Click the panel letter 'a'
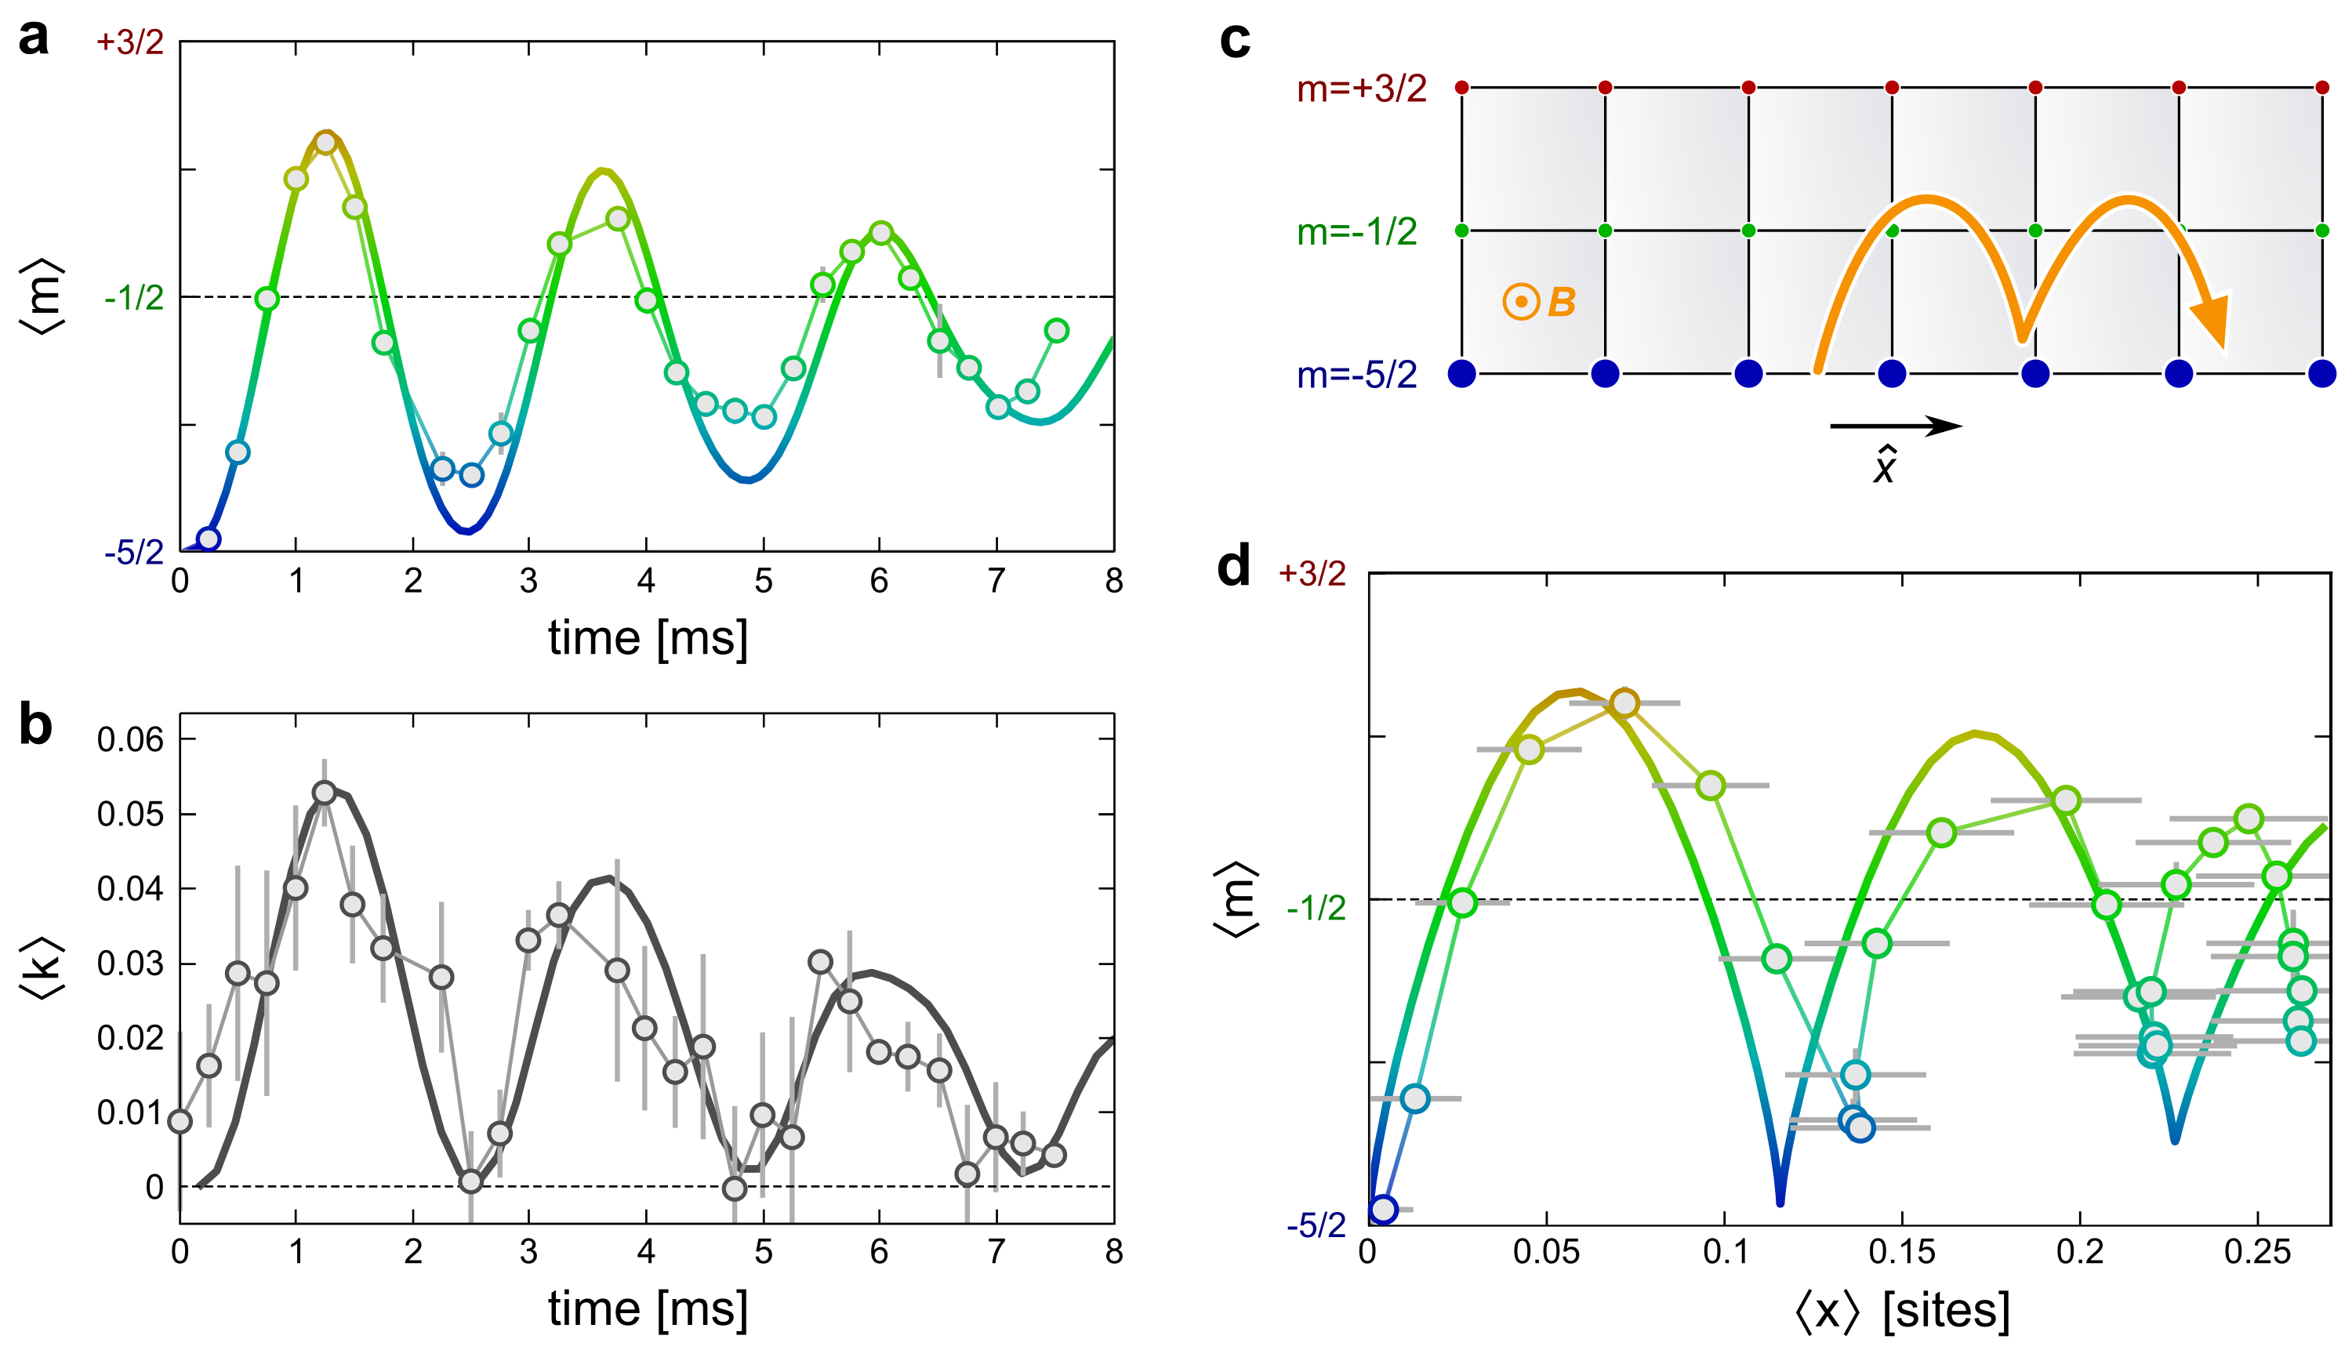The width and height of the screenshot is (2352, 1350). (34, 39)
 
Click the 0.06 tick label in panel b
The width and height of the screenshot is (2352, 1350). (130, 740)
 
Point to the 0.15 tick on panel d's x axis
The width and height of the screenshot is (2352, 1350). (1901, 1253)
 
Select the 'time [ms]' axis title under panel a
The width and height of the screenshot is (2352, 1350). (647, 638)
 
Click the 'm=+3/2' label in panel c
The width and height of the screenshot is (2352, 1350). (1361, 89)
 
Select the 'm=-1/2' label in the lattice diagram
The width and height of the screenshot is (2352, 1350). (1356, 232)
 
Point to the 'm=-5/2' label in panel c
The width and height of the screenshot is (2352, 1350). (1356, 375)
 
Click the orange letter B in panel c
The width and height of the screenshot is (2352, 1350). (1563, 303)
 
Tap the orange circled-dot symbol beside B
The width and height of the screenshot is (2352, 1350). (1521, 303)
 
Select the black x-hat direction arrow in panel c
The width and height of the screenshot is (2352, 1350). (1895, 426)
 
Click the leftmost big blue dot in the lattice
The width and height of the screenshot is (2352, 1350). (1462, 374)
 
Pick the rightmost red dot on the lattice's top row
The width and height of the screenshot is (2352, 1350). (2322, 88)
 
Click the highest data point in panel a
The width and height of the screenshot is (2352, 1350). (325, 143)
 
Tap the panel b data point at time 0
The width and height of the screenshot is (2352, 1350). (181, 1122)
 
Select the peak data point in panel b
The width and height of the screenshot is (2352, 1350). (325, 793)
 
